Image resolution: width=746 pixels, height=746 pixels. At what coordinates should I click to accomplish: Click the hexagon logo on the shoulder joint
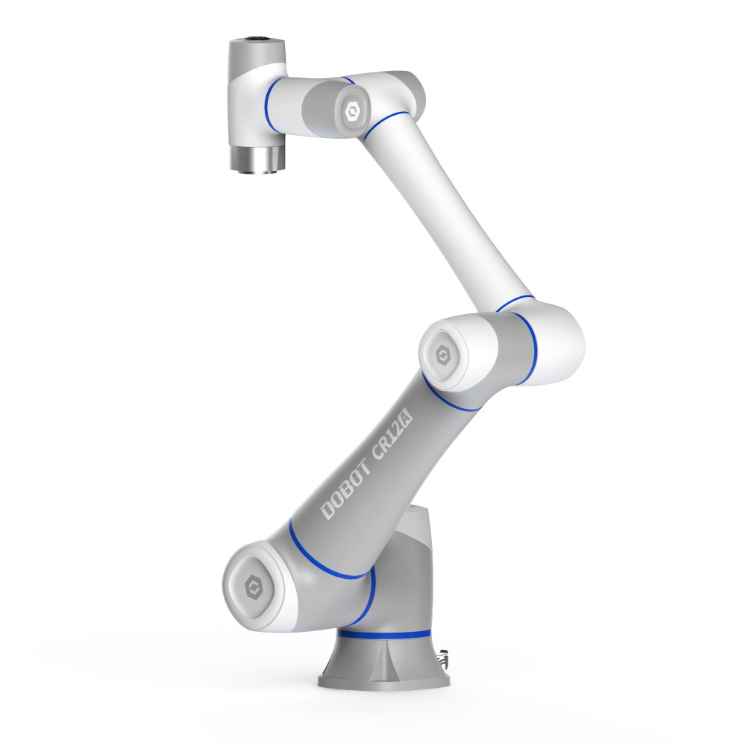tap(254, 587)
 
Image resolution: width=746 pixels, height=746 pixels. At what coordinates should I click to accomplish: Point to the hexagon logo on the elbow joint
tap(443, 355)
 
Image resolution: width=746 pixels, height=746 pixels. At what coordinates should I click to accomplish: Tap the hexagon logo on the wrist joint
tap(353, 113)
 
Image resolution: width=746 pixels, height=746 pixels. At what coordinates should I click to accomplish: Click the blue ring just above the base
tap(384, 634)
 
